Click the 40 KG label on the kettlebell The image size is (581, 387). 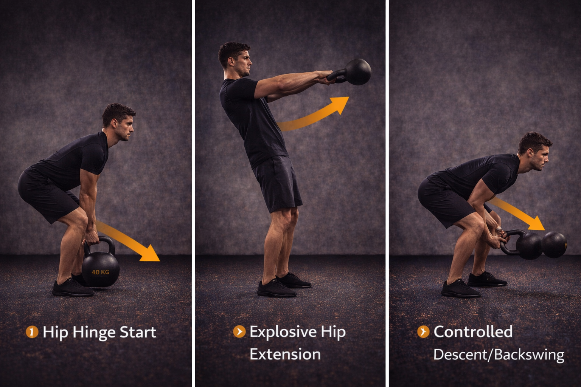click(x=100, y=272)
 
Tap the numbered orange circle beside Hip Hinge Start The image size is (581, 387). click(x=32, y=332)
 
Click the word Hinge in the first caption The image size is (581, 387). click(x=94, y=333)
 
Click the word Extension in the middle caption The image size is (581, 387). click(x=285, y=354)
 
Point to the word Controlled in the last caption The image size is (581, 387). click(x=473, y=331)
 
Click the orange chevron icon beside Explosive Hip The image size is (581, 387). click(x=239, y=331)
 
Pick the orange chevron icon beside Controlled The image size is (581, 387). click(x=423, y=331)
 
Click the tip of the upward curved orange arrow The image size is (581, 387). click(x=349, y=97)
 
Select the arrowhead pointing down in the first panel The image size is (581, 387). click(x=151, y=254)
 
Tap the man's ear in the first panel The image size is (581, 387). click(x=114, y=123)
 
